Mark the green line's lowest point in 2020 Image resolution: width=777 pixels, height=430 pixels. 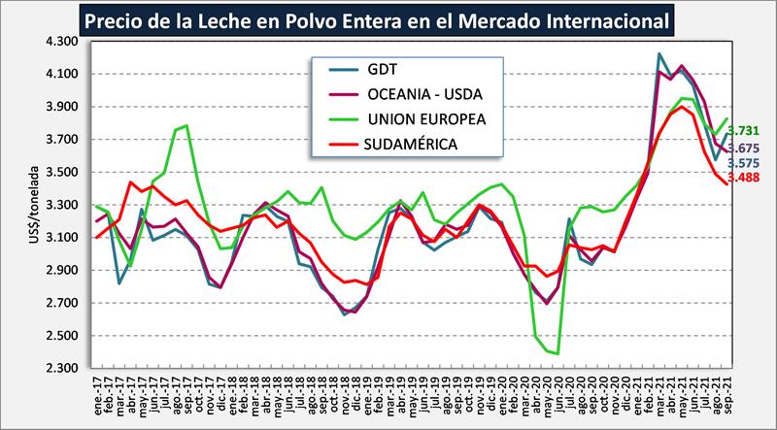click(x=557, y=353)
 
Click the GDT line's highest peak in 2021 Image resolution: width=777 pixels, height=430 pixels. click(x=660, y=54)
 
